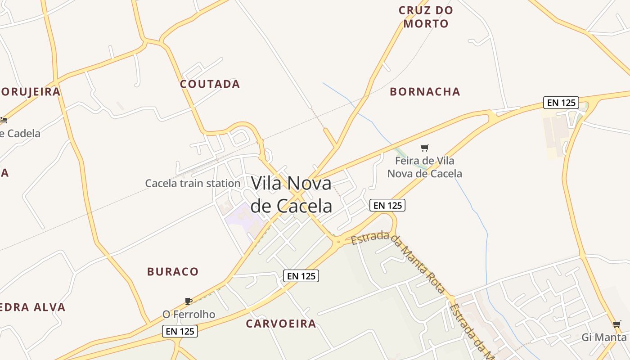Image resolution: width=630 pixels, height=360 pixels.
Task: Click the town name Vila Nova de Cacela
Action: coord(291,194)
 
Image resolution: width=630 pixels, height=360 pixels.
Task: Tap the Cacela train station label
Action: coord(193,183)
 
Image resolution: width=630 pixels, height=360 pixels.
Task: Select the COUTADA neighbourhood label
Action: coord(210,84)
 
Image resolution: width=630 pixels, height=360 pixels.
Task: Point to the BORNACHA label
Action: coord(425,92)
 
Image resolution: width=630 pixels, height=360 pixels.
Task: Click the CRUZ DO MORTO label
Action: coord(426,17)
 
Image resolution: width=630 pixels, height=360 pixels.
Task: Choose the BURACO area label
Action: coord(173,272)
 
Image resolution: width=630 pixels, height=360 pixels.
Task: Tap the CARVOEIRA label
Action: coord(281,324)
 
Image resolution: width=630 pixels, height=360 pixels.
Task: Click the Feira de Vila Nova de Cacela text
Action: coord(424,167)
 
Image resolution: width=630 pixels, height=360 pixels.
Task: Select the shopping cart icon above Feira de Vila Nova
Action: coord(424,148)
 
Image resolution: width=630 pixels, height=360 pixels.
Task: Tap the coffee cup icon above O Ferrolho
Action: coord(189,301)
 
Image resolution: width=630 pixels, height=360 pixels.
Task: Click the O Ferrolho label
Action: coord(189,314)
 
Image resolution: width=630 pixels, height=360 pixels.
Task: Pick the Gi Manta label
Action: coord(604,337)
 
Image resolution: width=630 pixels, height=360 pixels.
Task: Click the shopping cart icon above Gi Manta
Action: coord(616,324)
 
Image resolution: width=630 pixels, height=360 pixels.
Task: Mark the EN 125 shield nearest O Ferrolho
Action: coord(180,332)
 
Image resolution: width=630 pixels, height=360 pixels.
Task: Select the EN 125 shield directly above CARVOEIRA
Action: coord(301,276)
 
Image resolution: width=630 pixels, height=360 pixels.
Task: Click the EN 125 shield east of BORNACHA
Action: coord(561,103)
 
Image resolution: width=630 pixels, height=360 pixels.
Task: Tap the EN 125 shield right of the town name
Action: coord(387,205)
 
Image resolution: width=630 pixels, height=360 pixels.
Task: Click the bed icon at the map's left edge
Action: coord(4,120)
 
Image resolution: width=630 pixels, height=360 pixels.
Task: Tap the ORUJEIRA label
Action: coord(30,92)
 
